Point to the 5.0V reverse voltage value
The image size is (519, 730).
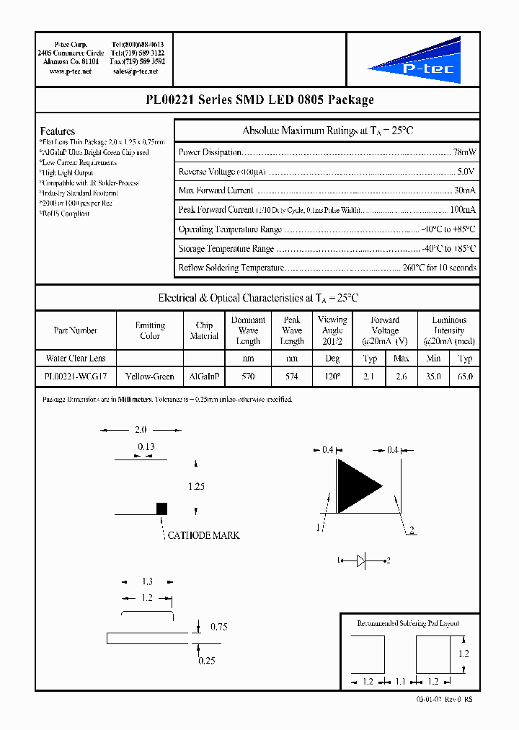pyautogui.click(x=466, y=172)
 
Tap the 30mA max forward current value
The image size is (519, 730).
pyautogui.click(x=464, y=190)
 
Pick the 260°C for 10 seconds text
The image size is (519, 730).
pyautogui.click(x=440, y=268)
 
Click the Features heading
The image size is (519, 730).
pyautogui.click(x=58, y=131)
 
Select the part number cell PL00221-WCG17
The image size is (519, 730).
pyautogui.click(x=76, y=377)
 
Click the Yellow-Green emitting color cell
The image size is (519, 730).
pyautogui.click(x=150, y=377)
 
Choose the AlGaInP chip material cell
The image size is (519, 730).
pyautogui.click(x=204, y=377)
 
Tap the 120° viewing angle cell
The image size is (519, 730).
pyautogui.click(x=332, y=377)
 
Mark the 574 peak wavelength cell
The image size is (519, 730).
pyautogui.click(x=292, y=377)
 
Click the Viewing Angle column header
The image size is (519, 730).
pyautogui.click(x=332, y=330)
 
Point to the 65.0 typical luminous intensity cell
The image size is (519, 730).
pyautogui.click(x=466, y=377)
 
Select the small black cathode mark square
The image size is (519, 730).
pyautogui.click(x=162, y=509)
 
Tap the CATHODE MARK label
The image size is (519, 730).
pyautogui.click(x=203, y=535)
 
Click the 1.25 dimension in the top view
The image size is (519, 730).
pyautogui.click(x=196, y=487)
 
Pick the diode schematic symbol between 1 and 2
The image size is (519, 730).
pyautogui.click(x=363, y=560)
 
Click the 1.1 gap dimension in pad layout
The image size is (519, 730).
pyautogui.click(x=402, y=680)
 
